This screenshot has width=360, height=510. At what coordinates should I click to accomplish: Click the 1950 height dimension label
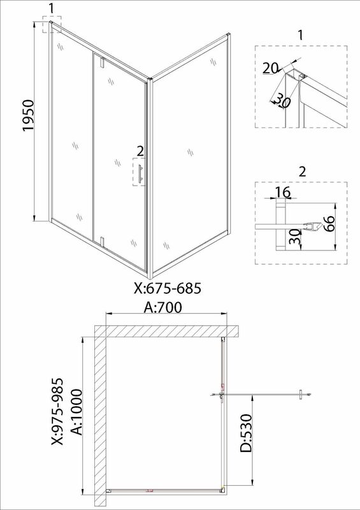click(28, 115)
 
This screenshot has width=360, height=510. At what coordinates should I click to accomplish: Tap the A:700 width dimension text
click(163, 307)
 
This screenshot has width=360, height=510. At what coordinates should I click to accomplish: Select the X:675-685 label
click(168, 288)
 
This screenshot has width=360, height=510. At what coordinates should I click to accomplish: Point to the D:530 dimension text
click(246, 433)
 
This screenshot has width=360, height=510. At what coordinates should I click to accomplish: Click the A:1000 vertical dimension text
click(76, 412)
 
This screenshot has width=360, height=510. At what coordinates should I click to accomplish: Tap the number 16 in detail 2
click(283, 193)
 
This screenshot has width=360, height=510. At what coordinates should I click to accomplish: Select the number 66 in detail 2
click(329, 223)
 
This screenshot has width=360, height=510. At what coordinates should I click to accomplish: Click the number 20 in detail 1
click(270, 69)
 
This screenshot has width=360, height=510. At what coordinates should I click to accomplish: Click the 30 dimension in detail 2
click(294, 237)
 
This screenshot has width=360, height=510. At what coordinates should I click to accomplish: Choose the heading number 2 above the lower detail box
click(303, 171)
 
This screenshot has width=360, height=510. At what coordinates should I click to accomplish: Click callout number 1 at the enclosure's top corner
click(51, 10)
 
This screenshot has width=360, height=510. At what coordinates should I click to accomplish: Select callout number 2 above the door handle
click(140, 151)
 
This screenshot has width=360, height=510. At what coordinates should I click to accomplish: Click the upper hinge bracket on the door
click(103, 62)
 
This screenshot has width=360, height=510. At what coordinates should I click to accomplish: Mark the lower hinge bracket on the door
click(103, 242)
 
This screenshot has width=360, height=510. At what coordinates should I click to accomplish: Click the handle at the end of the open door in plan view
click(301, 394)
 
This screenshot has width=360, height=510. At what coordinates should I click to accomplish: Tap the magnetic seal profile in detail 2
click(310, 226)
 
